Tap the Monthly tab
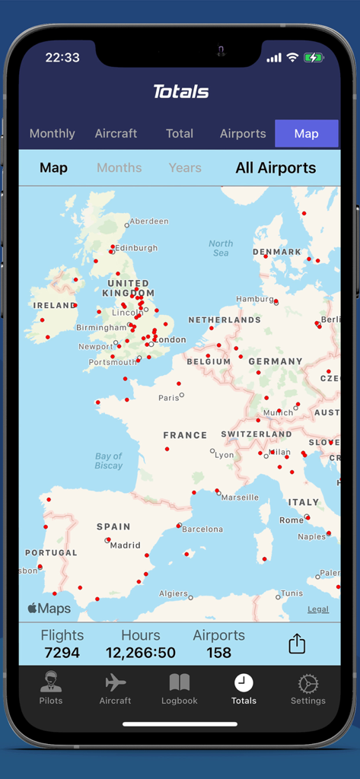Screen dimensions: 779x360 (52, 134)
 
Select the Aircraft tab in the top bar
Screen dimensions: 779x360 (116, 134)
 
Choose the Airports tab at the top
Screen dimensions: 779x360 (243, 134)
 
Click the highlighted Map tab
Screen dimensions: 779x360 (306, 134)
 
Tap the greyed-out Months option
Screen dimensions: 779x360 (119, 168)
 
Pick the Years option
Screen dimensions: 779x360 (185, 168)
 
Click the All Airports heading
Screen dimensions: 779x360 (276, 168)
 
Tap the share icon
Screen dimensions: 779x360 (297, 644)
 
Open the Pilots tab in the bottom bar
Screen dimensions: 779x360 (51, 688)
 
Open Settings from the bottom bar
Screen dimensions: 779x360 (307, 688)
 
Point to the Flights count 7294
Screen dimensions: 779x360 (62, 653)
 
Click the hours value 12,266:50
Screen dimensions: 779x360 (141, 653)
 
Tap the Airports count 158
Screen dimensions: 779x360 (218, 653)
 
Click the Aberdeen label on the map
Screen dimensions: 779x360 (148, 221)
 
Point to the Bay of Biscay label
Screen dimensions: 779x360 (109, 461)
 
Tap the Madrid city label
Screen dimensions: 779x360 (125, 545)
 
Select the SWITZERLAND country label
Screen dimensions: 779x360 (256, 434)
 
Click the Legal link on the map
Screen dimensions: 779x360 (318, 609)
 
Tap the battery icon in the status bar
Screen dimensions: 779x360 (314, 58)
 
